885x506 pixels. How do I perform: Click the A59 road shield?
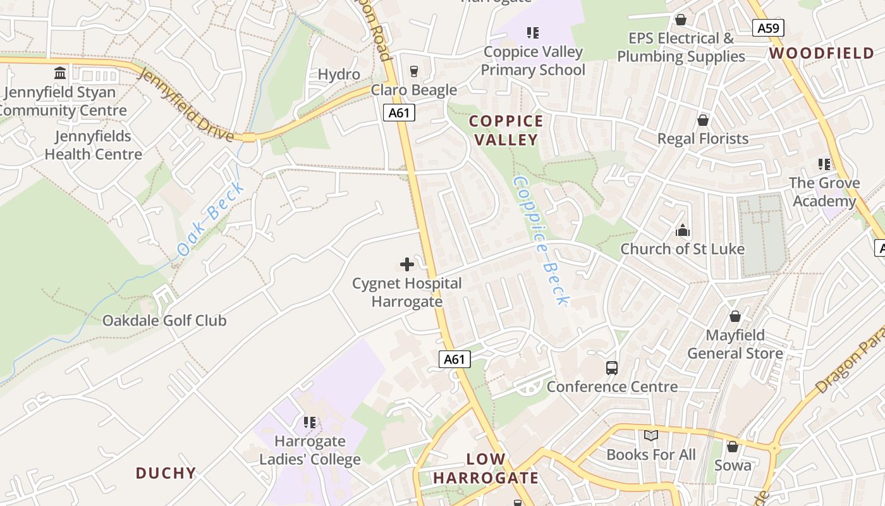click(769, 28)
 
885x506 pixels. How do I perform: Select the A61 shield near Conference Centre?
click(455, 359)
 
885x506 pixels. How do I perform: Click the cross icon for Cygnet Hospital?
click(407, 264)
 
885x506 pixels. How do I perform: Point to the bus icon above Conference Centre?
click(611, 367)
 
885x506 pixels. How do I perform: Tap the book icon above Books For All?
click(650, 436)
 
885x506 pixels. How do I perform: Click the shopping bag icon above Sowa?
click(733, 447)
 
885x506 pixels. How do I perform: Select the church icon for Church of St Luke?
click(682, 230)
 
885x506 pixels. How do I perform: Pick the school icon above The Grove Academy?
click(824, 164)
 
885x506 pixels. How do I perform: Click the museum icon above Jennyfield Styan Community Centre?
click(60, 73)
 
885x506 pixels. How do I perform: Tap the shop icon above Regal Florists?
click(702, 120)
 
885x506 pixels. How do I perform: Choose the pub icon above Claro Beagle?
click(414, 71)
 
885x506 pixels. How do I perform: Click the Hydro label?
click(339, 74)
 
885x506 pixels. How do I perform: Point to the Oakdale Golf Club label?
click(164, 321)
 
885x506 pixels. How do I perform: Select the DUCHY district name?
click(166, 472)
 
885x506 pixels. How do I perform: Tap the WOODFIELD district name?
click(822, 53)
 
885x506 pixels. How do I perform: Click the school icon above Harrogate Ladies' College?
click(310, 422)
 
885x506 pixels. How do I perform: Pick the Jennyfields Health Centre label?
click(93, 145)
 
